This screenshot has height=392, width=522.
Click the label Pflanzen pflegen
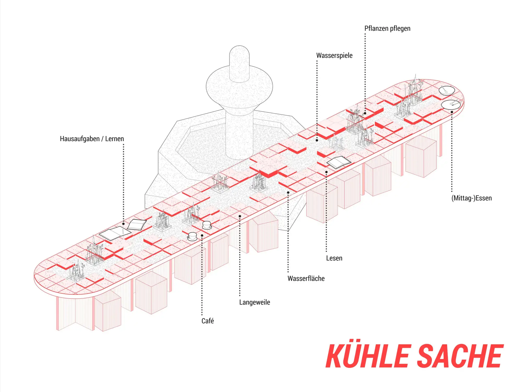[387, 28]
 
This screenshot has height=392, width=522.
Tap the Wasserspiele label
[334, 55]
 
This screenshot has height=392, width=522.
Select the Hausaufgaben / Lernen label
[92, 139]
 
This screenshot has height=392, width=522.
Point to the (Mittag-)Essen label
[471, 198]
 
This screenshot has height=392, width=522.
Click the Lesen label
[334, 258]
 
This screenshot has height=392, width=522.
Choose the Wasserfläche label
[306, 279]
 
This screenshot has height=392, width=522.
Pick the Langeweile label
[254, 302]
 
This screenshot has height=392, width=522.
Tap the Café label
[207, 321]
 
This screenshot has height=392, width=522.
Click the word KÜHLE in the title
[367, 356]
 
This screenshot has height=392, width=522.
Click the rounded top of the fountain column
[239, 52]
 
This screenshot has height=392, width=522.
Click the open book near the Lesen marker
[339, 162]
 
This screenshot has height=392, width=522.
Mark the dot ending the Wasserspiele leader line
[317, 140]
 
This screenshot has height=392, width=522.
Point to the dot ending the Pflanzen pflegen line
[365, 113]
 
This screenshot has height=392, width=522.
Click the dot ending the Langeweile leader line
[240, 216]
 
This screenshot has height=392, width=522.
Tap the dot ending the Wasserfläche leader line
[288, 193]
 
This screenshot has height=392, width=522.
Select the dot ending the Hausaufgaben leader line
[123, 224]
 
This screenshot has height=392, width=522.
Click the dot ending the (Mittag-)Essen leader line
[452, 112]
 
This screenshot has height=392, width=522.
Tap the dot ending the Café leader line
[202, 235]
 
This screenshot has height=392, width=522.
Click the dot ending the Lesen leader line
[326, 172]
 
